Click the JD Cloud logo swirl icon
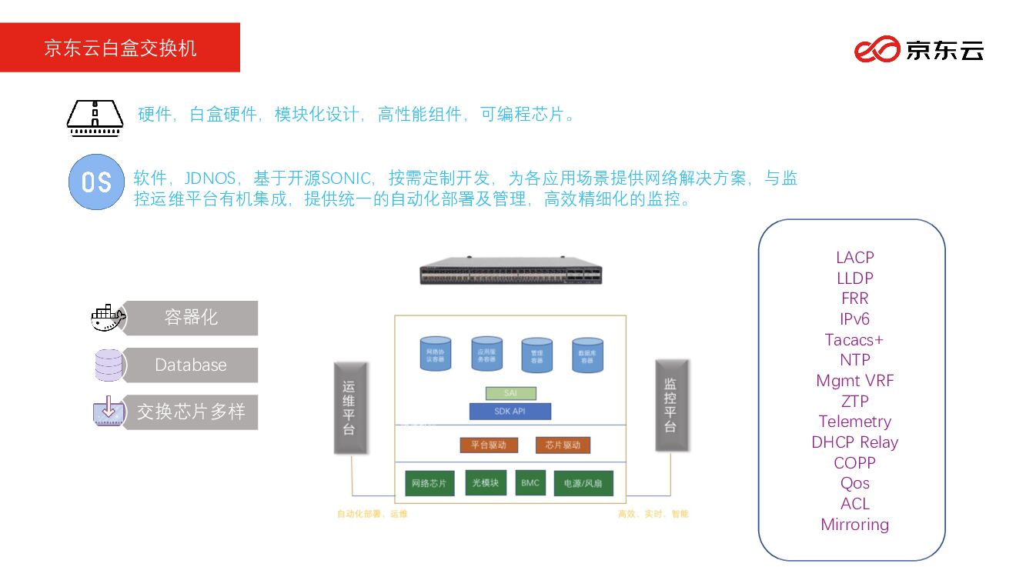pos(877,49)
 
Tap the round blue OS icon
pos(96,182)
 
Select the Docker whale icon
pos(107,317)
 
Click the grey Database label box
pos(191,365)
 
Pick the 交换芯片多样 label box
pos(191,412)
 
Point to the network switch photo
pos(510,270)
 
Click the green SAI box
pos(511,393)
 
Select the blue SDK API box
pos(510,412)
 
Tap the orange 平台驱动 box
pos(489,445)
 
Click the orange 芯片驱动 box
pos(563,445)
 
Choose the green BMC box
pos(530,482)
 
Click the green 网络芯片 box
pos(429,483)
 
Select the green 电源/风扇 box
pos(583,483)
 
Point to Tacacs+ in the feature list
pos(854,339)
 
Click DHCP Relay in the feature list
pos(854,442)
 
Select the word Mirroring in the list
pos(854,525)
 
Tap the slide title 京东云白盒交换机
pos(120,48)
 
